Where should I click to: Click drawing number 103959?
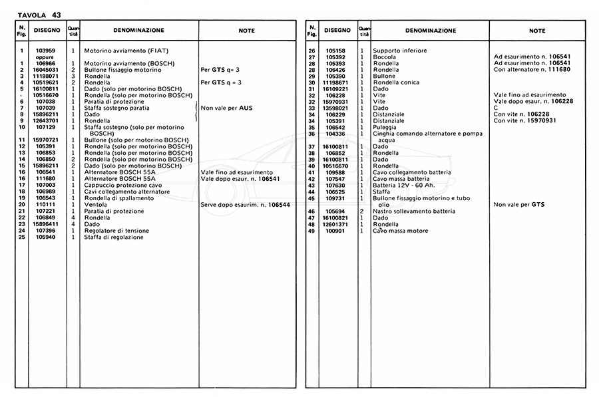click(x=45, y=51)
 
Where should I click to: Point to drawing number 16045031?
click(x=45, y=70)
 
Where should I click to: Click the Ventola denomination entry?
click(x=95, y=204)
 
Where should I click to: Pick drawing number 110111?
click(x=45, y=204)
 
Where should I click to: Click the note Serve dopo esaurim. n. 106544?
click(x=245, y=204)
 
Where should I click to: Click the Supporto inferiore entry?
click(x=400, y=51)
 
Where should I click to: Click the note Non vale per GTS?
click(x=518, y=204)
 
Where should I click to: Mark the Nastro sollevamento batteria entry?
click(x=414, y=211)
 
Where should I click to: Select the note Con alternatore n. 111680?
click(x=533, y=70)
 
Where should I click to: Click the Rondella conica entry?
click(x=395, y=82)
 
